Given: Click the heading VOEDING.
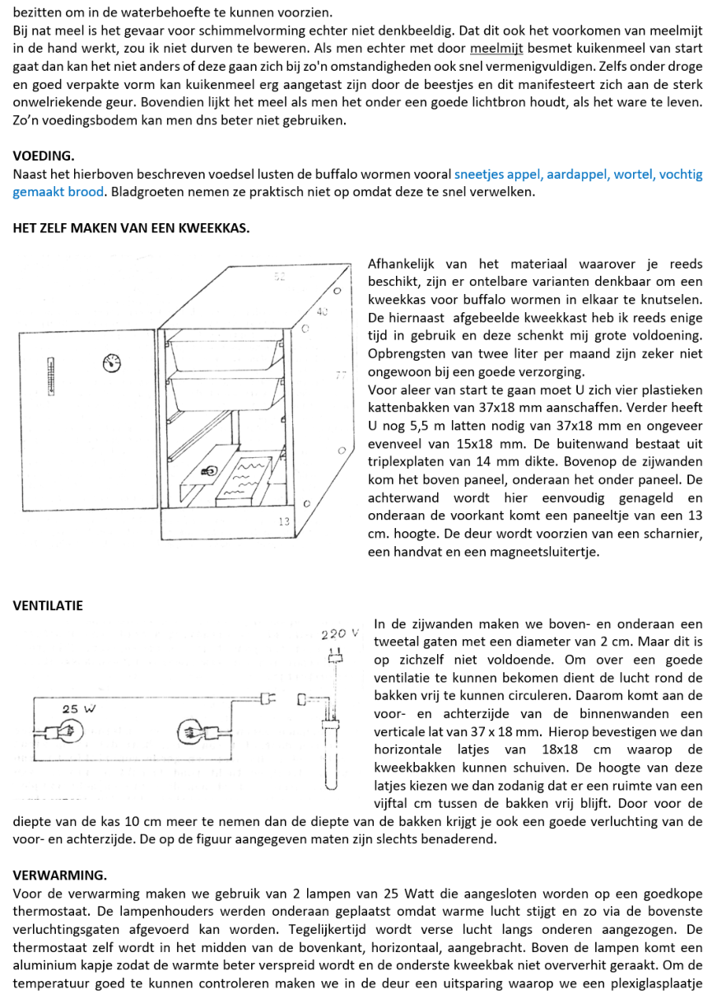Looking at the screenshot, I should [x=44, y=156].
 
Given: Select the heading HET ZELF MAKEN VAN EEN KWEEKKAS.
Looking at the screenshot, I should [x=131, y=228].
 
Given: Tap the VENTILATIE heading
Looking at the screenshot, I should [x=48, y=605].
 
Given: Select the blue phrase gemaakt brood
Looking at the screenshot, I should [x=58, y=192].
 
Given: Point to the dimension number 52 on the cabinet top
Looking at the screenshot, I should [x=279, y=277].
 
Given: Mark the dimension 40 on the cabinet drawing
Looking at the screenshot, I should [x=323, y=313].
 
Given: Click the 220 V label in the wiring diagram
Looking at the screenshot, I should [x=340, y=635].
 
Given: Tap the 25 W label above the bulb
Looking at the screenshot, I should [x=77, y=708].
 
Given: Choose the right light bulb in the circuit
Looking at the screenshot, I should [x=193, y=731].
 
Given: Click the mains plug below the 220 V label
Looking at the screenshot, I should [x=334, y=657].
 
